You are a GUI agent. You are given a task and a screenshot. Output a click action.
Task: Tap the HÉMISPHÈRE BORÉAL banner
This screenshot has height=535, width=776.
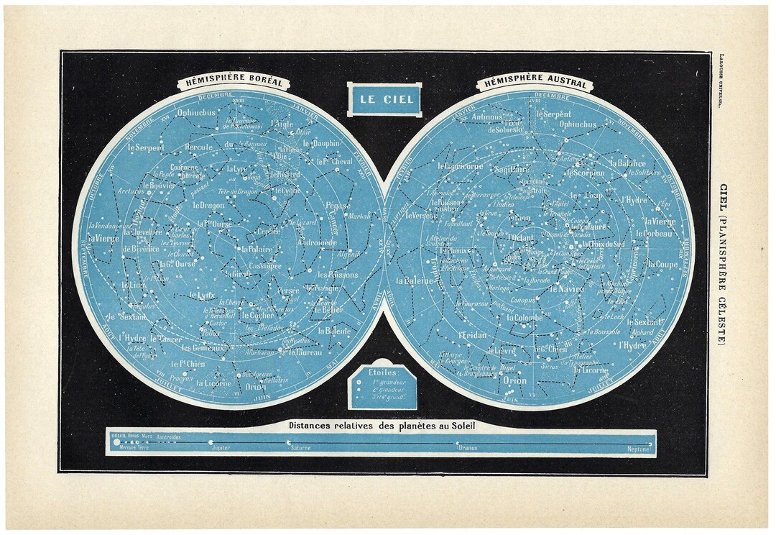tap(233, 83)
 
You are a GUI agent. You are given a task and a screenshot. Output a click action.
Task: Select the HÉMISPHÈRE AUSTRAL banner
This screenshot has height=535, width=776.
tap(532, 83)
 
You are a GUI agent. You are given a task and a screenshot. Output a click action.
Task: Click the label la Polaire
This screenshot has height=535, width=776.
tap(254, 249)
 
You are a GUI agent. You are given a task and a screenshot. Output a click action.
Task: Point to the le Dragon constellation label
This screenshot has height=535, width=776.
tap(208, 205)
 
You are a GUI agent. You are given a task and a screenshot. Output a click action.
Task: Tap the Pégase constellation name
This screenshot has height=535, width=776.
tap(337, 205)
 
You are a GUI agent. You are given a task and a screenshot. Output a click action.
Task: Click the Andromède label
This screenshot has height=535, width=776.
tap(317, 243)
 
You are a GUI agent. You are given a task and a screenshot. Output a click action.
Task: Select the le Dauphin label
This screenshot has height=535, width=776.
tap(320, 143)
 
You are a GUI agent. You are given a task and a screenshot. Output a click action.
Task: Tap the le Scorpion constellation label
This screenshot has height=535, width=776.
tap(585, 173)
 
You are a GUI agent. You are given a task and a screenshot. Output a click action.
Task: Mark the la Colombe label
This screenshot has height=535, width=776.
tap(525, 317)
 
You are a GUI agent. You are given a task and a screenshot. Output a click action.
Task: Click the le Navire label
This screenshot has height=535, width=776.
tap(568, 288)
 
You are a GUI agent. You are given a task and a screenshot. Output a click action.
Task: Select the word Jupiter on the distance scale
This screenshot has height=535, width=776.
tap(221, 447)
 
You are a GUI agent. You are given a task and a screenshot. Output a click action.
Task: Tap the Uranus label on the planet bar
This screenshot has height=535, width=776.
tap(466, 447)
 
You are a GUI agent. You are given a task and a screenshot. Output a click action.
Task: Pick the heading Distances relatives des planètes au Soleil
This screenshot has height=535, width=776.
tap(382, 425)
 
